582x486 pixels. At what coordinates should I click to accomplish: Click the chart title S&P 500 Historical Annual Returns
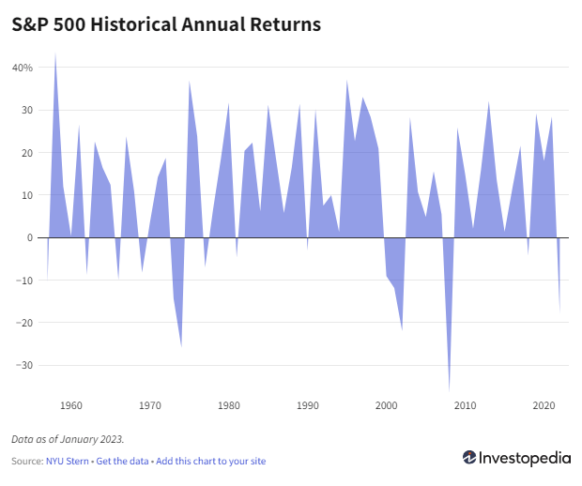tap(166, 25)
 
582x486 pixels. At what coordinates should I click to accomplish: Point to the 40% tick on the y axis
tap(23, 68)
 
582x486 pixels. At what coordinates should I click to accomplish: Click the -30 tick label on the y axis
tap(25, 365)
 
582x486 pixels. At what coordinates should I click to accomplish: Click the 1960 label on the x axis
tap(70, 406)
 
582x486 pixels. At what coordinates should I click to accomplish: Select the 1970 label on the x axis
tap(149, 406)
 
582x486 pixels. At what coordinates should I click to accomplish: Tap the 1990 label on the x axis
tap(307, 406)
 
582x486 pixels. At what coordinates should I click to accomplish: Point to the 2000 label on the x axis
tap(386, 406)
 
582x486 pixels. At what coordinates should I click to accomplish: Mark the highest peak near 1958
tap(55, 54)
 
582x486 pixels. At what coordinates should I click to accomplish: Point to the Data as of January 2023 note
tap(68, 438)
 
